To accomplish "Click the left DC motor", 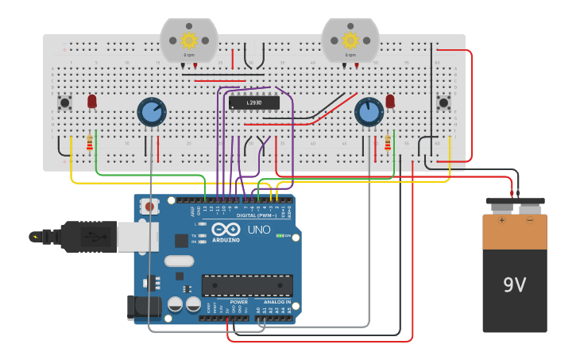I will click(x=188, y=40).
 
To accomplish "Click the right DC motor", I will click(x=350, y=40).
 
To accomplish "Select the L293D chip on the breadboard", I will click(x=254, y=103).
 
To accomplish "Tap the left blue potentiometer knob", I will click(x=151, y=111).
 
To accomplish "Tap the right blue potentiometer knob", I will click(x=368, y=111).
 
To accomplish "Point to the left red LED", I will click(x=92, y=101).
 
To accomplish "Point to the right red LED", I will click(x=390, y=101).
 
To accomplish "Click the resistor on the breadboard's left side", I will click(x=89, y=143).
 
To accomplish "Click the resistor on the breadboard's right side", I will click(x=388, y=143).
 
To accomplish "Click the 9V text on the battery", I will click(x=514, y=285).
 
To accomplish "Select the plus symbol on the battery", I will click(x=501, y=220).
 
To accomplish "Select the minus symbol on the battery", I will click(x=529, y=220).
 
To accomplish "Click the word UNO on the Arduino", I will click(x=259, y=230).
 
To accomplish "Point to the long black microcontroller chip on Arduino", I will click(x=247, y=285).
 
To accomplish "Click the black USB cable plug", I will click(x=87, y=236).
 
